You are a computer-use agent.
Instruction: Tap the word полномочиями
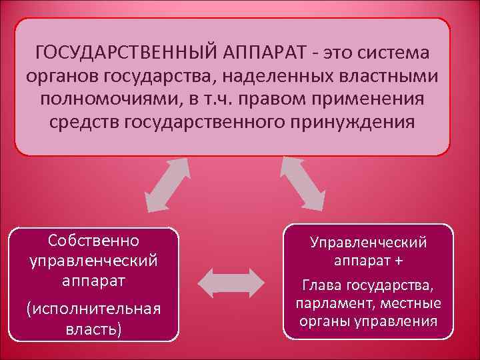pos(108,100)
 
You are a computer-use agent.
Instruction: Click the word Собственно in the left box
pos(93,239)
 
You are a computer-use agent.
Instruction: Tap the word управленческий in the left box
pos(93,259)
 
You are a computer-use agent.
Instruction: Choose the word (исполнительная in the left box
pos(93,310)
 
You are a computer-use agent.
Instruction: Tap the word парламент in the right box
pos(329,303)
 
